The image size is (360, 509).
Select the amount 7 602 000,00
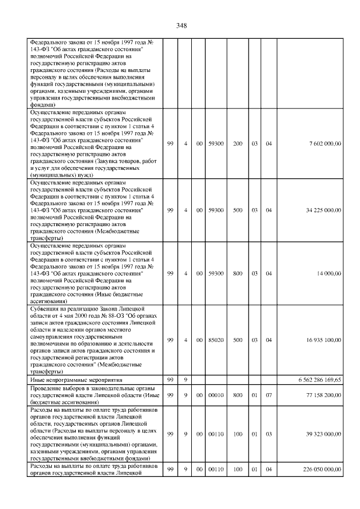(x=325, y=145)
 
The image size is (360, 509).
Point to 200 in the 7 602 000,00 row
(x=237, y=145)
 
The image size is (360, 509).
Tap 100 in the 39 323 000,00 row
(x=237, y=434)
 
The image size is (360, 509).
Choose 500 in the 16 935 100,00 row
(x=237, y=340)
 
